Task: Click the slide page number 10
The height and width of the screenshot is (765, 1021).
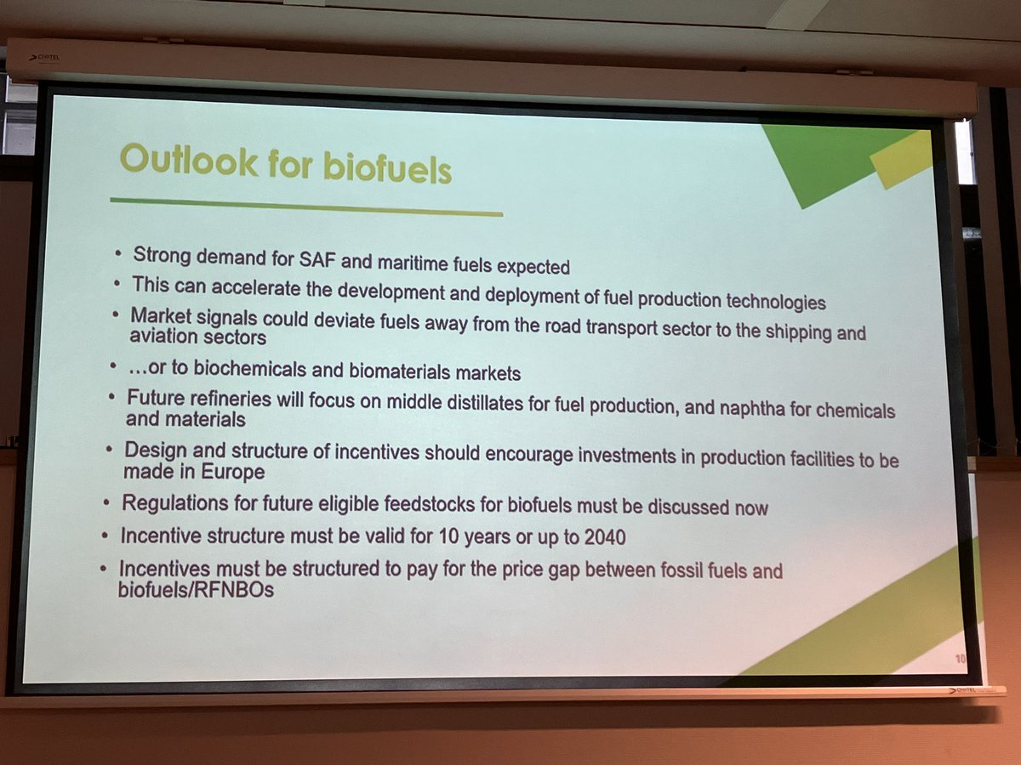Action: tap(959, 658)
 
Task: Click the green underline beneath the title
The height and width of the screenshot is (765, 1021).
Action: tap(306, 207)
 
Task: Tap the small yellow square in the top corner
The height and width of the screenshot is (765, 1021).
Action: tap(902, 159)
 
